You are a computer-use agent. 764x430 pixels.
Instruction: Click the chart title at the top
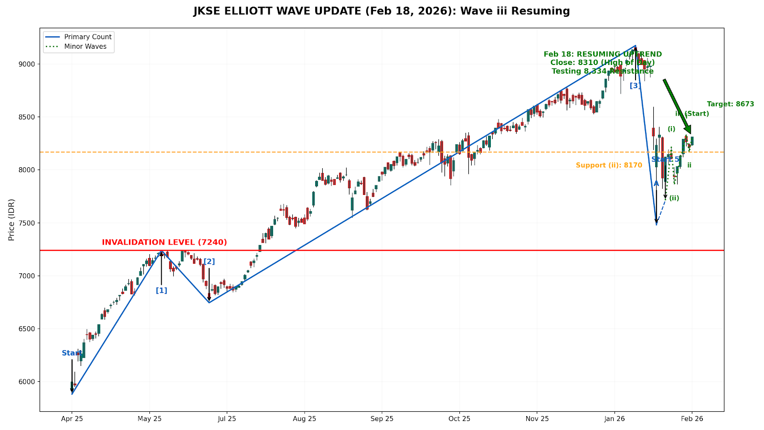(x=382, y=11)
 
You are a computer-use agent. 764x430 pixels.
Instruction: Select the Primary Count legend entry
(x=88, y=37)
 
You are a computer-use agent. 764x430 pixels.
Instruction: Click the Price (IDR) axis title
(x=11, y=219)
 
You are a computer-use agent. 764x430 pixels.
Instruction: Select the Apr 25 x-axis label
(x=72, y=419)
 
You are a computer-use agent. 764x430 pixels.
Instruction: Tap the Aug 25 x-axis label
(x=305, y=419)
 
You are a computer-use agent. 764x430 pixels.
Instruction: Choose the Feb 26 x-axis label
(x=692, y=419)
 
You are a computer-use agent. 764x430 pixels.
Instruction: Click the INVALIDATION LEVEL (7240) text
(x=164, y=242)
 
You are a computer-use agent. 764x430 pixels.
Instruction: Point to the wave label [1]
(x=161, y=290)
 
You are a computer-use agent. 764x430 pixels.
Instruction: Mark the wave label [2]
(x=209, y=261)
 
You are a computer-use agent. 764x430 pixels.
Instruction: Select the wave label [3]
(x=635, y=86)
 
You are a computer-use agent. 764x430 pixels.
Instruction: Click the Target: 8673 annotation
(x=731, y=104)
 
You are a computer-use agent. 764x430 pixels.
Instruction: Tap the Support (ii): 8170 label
(x=609, y=165)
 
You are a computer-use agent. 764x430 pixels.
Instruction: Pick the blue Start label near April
(x=71, y=354)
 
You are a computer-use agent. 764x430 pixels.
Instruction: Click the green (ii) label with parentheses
(x=674, y=198)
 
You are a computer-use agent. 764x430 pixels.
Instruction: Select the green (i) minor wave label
(x=671, y=129)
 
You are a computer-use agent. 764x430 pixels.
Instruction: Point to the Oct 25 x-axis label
(x=459, y=419)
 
